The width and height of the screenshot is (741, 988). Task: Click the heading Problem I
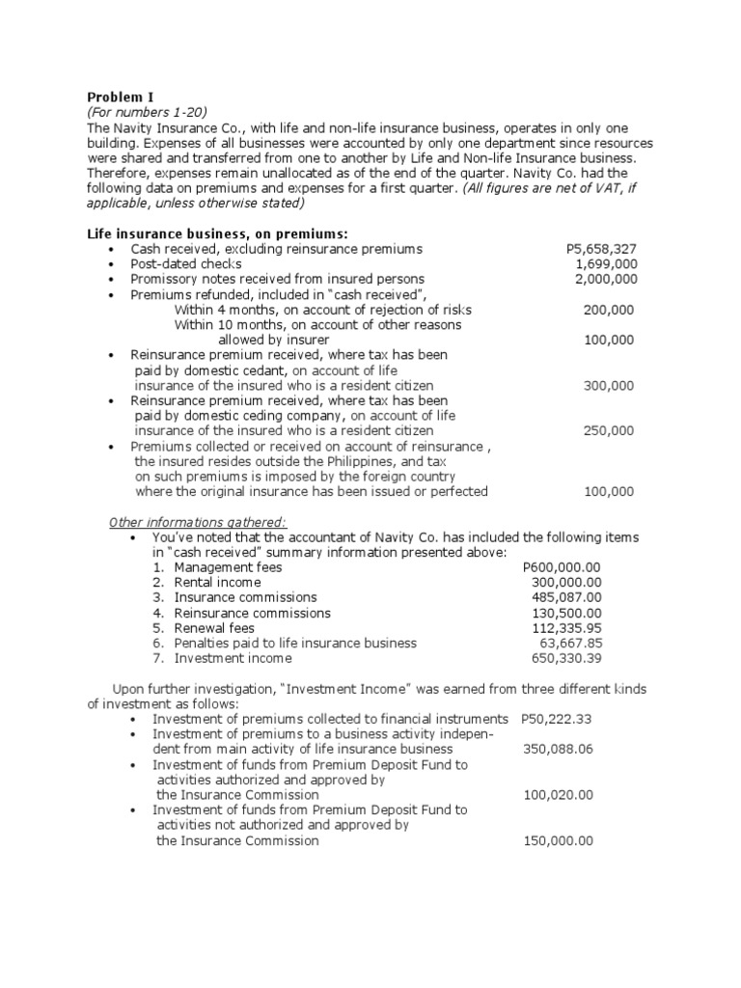pyautogui.click(x=121, y=96)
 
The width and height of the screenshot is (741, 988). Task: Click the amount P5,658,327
pyautogui.click(x=601, y=249)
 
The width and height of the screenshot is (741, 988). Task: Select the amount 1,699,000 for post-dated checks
pyautogui.click(x=606, y=264)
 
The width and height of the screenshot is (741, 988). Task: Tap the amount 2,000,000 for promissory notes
pyautogui.click(x=606, y=280)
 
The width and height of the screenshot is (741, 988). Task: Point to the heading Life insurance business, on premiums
pyautogui.click(x=218, y=233)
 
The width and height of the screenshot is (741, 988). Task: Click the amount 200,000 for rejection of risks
pyautogui.click(x=609, y=310)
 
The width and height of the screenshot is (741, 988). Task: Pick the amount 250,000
pyautogui.click(x=609, y=430)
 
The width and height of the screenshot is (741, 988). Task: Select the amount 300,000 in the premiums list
pyautogui.click(x=609, y=385)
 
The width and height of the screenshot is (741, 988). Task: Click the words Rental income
pyautogui.click(x=218, y=583)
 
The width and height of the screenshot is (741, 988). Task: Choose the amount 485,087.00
pyautogui.click(x=566, y=597)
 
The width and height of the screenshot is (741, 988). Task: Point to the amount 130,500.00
pyautogui.click(x=566, y=613)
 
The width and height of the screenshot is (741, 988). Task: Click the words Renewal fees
pyautogui.click(x=214, y=628)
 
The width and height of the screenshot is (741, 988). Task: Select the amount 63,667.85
pyautogui.click(x=570, y=643)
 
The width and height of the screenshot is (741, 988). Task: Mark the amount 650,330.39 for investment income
pyautogui.click(x=566, y=658)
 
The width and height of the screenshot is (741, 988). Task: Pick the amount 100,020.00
pyautogui.click(x=558, y=794)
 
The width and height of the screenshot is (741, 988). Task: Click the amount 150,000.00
pyautogui.click(x=558, y=840)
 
